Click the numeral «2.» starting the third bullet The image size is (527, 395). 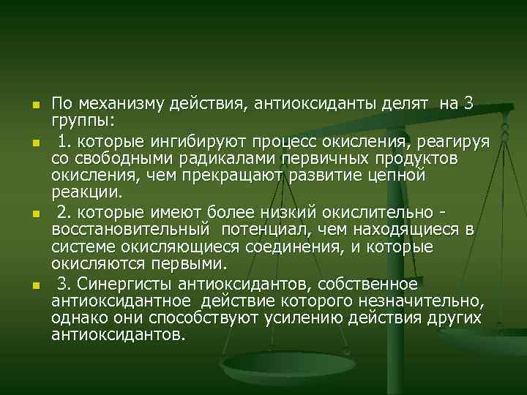(64, 212)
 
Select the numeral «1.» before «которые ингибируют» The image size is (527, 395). (64, 139)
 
